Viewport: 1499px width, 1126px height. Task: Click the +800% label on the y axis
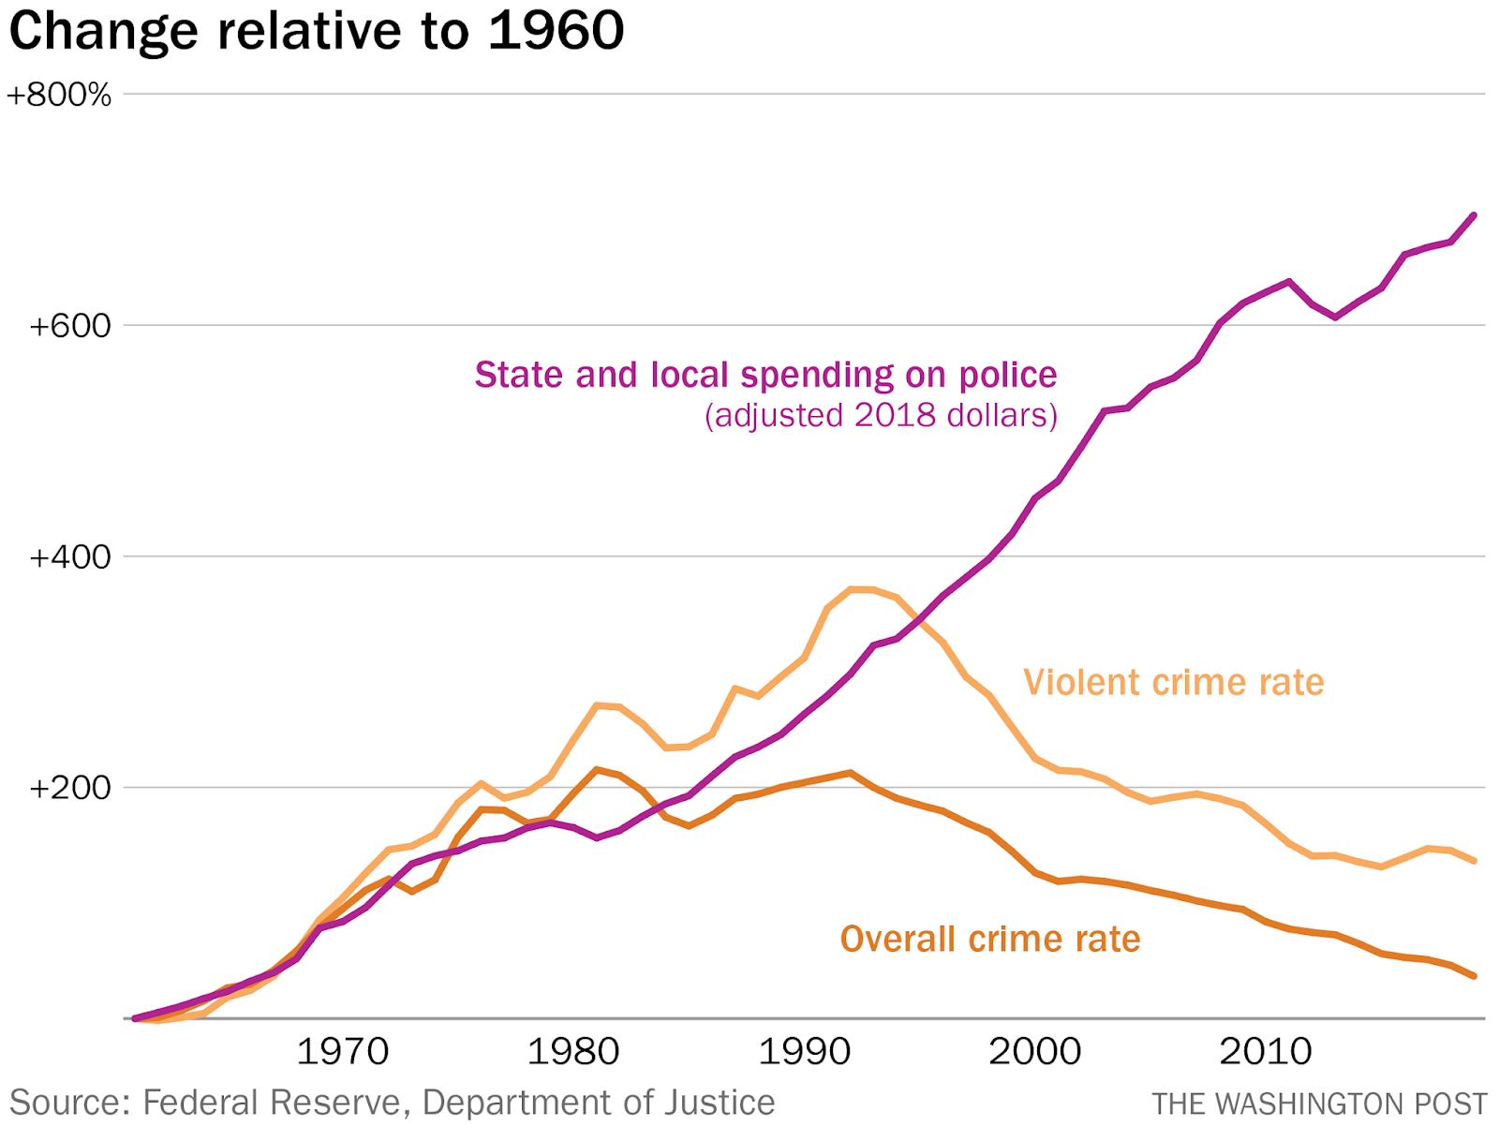pyautogui.click(x=59, y=96)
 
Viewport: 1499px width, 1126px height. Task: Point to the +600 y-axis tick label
pyautogui.click(x=70, y=326)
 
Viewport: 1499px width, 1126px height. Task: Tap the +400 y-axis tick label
pyautogui.click(x=70, y=557)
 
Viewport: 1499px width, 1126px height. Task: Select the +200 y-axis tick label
pyautogui.click(x=70, y=788)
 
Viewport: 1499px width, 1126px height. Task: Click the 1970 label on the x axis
pyautogui.click(x=342, y=1052)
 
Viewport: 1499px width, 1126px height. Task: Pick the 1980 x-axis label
pyautogui.click(x=572, y=1052)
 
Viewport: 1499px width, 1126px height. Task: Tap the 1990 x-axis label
pyautogui.click(x=804, y=1052)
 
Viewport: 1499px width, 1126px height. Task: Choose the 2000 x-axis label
pyautogui.click(x=1034, y=1052)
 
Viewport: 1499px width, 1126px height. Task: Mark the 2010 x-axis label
pyautogui.click(x=1265, y=1052)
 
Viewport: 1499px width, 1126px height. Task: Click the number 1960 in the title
pyautogui.click(x=556, y=31)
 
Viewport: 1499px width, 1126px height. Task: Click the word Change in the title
pyautogui.click(x=103, y=31)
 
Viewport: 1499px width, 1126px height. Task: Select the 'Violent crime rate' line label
pyautogui.click(x=1173, y=682)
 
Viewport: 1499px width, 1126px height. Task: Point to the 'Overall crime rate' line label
pyautogui.click(x=990, y=939)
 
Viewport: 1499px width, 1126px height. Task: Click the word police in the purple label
pyautogui.click(x=1007, y=375)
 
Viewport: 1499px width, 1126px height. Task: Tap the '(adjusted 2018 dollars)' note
pyautogui.click(x=881, y=415)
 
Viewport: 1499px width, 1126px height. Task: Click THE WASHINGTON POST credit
pyautogui.click(x=1319, y=1104)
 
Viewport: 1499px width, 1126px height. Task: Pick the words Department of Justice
pyautogui.click(x=598, y=1103)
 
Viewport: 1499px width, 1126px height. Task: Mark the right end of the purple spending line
pyautogui.click(x=1475, y=215)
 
